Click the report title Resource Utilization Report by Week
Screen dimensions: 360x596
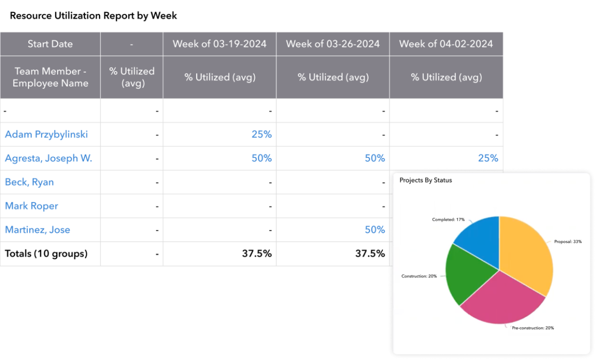pyautogui.click(x=93, y=16)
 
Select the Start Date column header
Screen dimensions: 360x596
pyautogui.click(x=50, y=44)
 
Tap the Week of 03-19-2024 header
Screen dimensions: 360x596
pyautogui.click(x=220, y=44)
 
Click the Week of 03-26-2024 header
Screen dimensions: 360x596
pyautogui.click(x=333, y=44)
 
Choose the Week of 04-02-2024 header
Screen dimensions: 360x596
pyautogui.click(x=446, y=44)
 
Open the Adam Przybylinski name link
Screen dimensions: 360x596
pyautogui.click(x=46, y=135)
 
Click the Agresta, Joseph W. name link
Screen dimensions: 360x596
pyautogui.click(x=49, y=158)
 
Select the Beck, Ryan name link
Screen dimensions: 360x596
pyautogui.click(x=29, y=182)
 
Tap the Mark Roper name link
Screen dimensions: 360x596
pyautogui.click(x=31, y=206)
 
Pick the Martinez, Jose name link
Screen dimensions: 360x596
pyautogui.click(x=37, y=230)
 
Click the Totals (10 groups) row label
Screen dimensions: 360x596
pyautogui.click(x=46, y=254)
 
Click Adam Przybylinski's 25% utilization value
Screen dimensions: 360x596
pyautogui.click(x=261, y=135)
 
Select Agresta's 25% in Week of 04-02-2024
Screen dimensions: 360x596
pyautogui.click(x=488, y=158)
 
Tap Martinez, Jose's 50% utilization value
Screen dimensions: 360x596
pyautogui.click(x=374, y=230)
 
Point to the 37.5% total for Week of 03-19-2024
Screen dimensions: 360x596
pyautogui.click(x=257, y=254)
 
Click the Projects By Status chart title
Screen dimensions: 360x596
pyautogui.click(x=426, y=180)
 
